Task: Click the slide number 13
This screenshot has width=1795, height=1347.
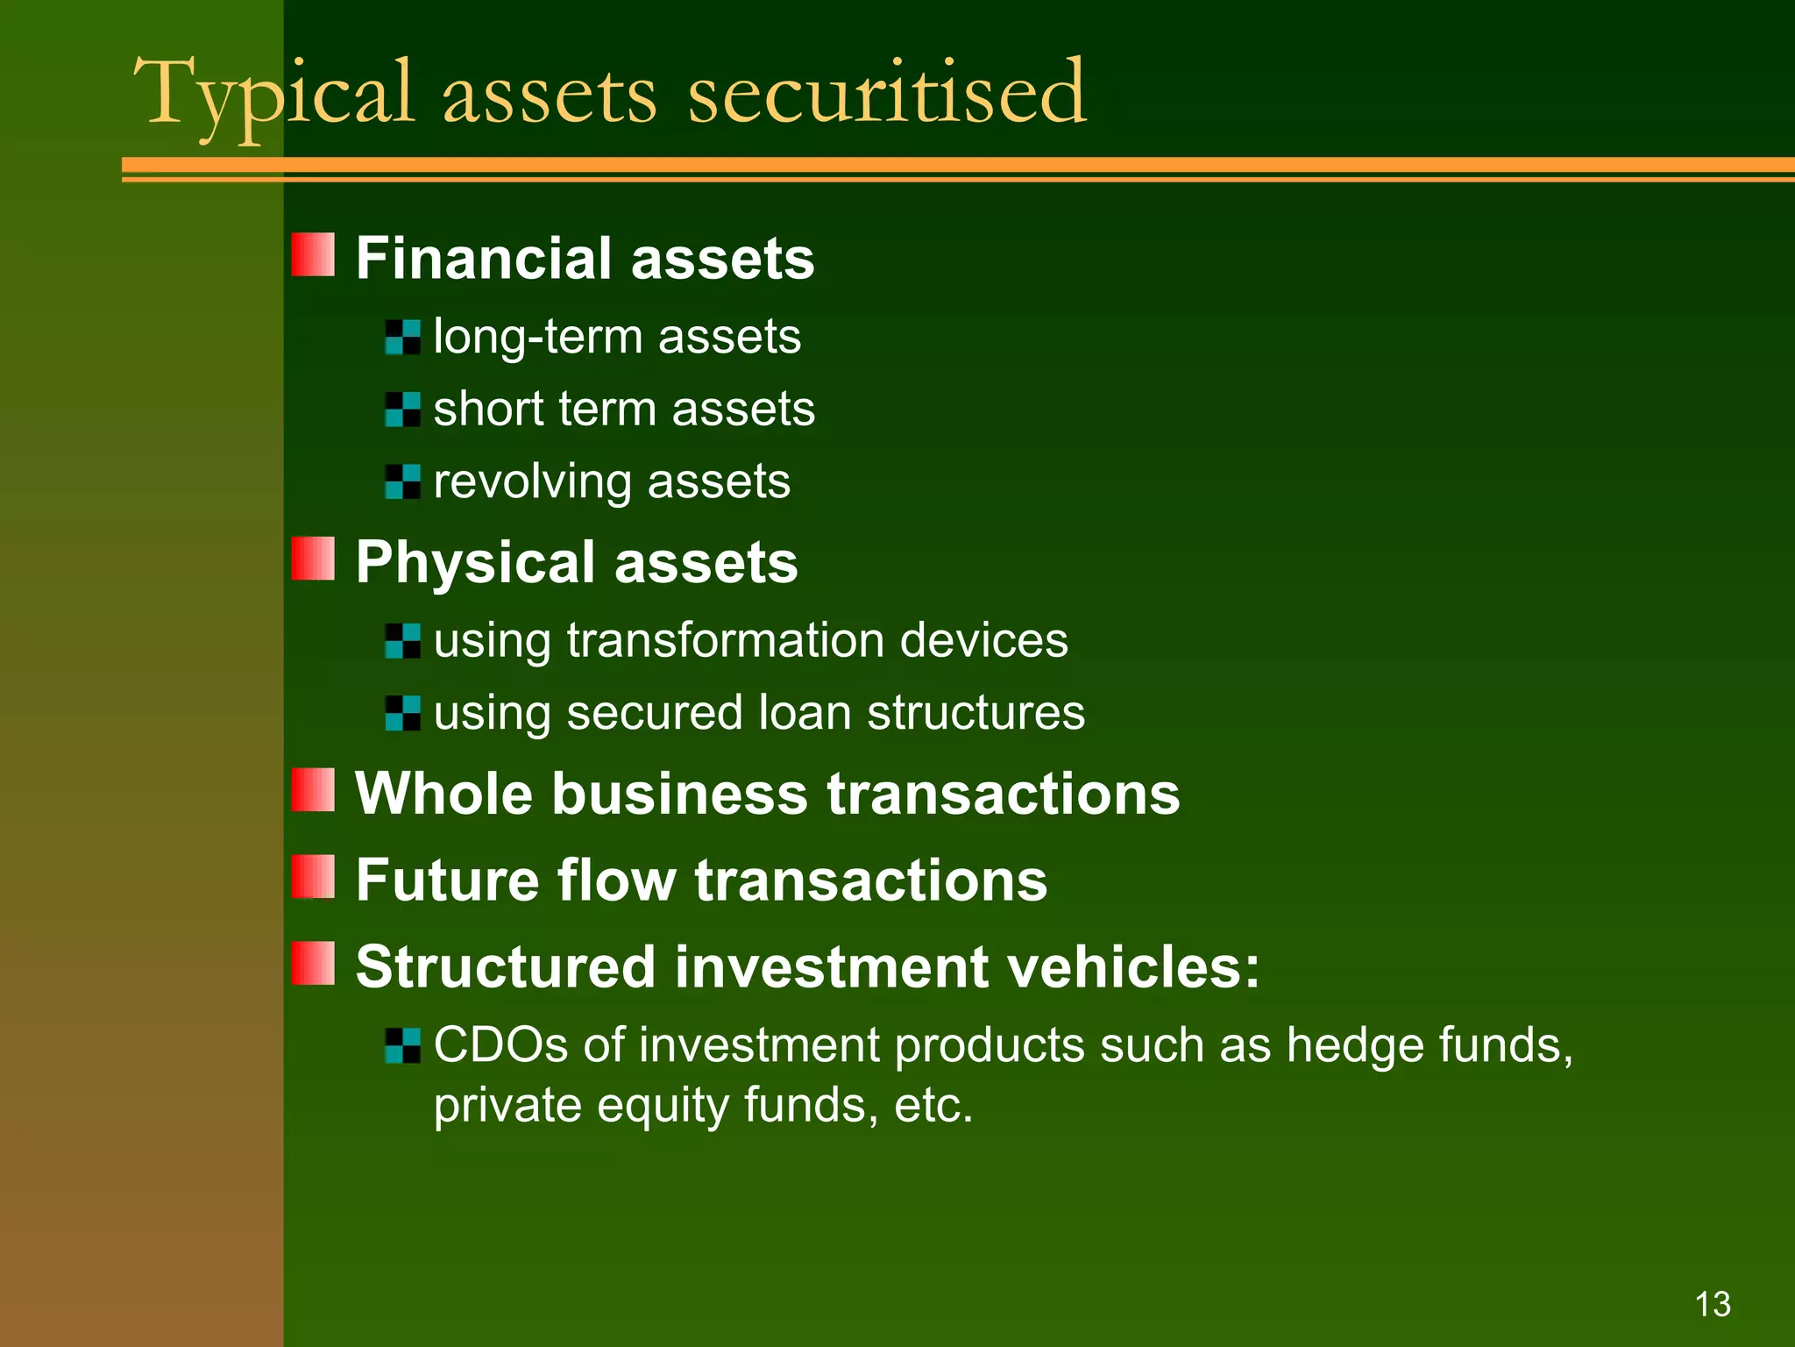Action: point(1713,1304)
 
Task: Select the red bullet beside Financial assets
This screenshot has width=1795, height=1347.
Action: point(313,255)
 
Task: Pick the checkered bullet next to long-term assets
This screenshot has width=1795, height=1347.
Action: point(402,338)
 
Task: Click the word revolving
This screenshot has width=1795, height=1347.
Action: point(532,482)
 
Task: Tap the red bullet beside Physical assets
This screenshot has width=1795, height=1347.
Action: point(313,559)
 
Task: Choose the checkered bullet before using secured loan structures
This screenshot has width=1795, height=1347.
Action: point(402,713)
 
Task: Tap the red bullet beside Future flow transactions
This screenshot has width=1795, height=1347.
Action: point(313,878)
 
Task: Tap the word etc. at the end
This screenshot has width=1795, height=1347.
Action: point(933,1105)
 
